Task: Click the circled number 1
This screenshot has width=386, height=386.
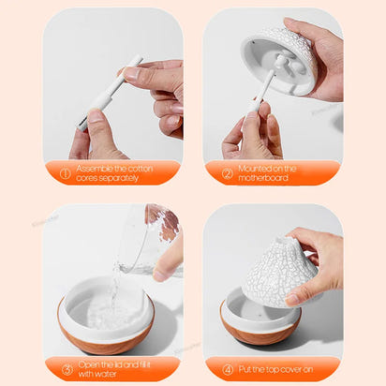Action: click(x=66, y=173)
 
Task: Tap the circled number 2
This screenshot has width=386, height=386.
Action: click(x=227, y=173)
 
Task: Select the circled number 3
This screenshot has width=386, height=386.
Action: click(x=66, y=368)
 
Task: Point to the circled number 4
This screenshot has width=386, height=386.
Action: click(x=227, y=368)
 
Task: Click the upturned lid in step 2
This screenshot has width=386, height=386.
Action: click(x=279, y=58)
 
